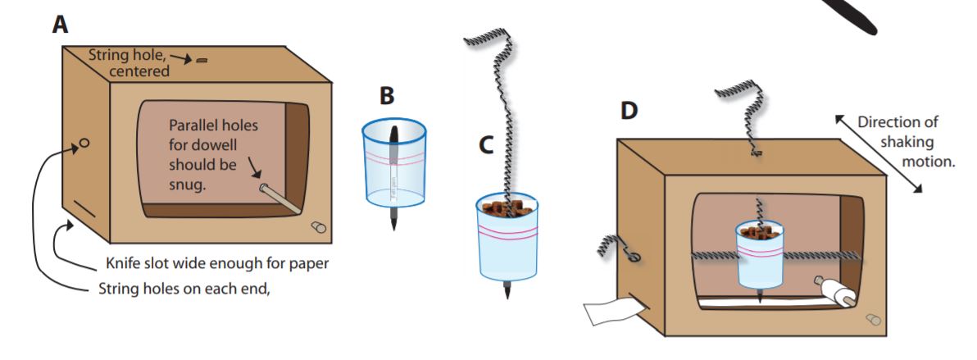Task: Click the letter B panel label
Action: (387, 96)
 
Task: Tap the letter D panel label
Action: (629, 109)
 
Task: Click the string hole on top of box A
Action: (202, 60)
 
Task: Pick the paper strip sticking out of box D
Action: (611, 311)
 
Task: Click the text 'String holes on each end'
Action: (184, 288)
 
